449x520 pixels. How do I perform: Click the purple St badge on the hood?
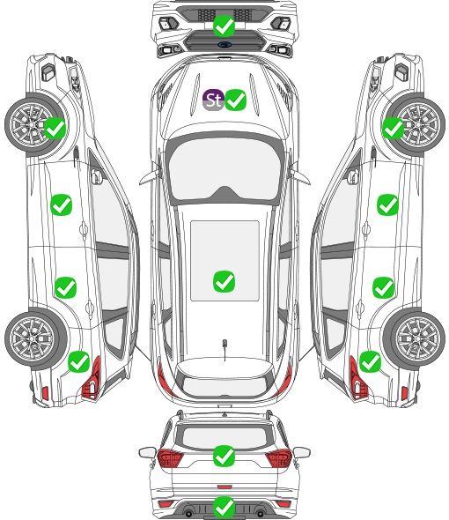click(x=213, y=100)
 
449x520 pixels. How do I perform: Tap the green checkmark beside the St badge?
click(x=236, y=100)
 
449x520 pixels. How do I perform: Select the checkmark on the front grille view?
click(x=224, y=26)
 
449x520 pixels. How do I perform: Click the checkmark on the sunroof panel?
click(x=224, y=281)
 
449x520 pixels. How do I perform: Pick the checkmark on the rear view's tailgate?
click(x=224, y=456)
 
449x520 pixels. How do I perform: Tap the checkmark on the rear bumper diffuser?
click(x=224, y=507)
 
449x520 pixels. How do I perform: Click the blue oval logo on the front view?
click(x=224, y=44)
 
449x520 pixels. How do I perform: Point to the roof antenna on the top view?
click(x=224, y=349)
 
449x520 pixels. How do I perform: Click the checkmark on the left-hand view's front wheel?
click(x=55, y=129)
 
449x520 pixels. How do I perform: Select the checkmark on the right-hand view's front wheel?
click(x=394, y=129)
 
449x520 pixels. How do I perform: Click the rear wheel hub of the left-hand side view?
click(x=31, y=338)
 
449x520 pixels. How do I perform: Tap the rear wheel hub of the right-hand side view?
click(x=418, y=338)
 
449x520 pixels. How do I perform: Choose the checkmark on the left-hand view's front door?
click(x=62, y=205)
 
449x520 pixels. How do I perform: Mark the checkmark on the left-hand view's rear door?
click(x=66, y=287)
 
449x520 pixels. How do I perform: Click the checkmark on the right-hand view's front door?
click(x=387, y=205)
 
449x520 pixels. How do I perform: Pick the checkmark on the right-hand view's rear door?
click(x=383, y=287)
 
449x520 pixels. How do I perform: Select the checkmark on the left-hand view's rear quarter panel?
click(x=79, y=362)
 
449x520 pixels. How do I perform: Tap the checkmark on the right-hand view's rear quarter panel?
click(x=370, y=362)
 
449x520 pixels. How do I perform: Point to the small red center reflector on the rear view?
click(x=224, y=487)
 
